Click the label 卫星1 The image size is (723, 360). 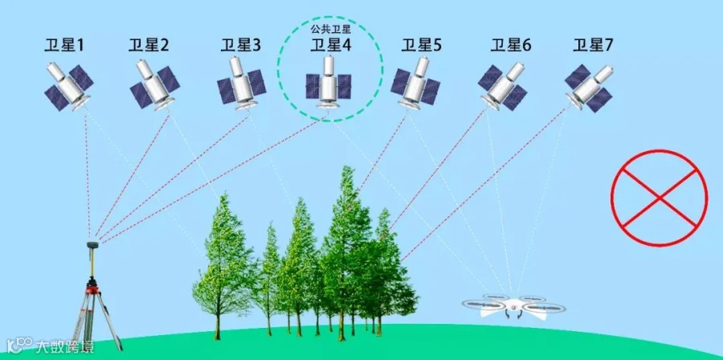coord(64,46)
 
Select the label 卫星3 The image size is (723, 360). coord(239,46)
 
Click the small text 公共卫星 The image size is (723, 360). coord(331,30)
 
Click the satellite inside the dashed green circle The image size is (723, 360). coord(329,82)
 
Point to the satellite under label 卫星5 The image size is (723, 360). coord(416,84)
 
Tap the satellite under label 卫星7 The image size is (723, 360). coord(590,83)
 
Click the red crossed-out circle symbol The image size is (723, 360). coord(659,198)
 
